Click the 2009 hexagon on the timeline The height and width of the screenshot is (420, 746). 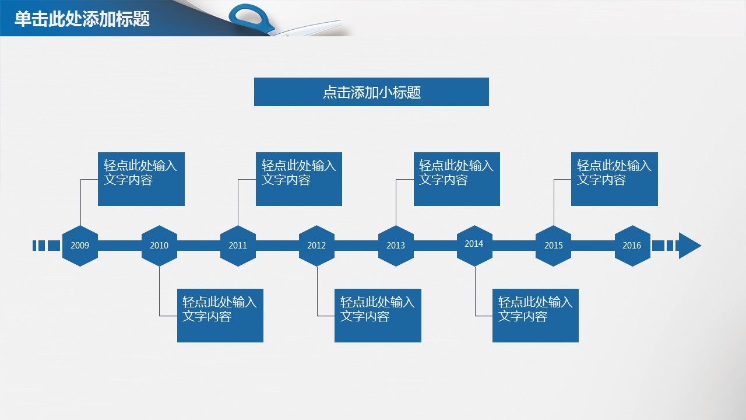[x=80, y=246]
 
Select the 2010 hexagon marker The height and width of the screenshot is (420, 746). [x=159, y=246]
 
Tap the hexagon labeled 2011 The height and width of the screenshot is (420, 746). [x=238, y=246]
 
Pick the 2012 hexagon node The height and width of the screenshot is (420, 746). [x=316, y=246]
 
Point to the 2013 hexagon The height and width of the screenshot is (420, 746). [x=396, y=246]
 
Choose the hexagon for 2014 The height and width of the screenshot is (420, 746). [x=474, y=245]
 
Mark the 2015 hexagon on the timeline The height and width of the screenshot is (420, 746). [x=553, y=246]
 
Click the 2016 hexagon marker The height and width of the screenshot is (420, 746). [x=632, y=246]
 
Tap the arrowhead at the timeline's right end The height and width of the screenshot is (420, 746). [x=689, y=246]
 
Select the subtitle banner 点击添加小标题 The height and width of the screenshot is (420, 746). [x=371, y=92]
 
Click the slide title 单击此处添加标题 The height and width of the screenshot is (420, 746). [x=82, y=19]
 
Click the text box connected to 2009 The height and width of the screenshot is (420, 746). [x=141, y=179]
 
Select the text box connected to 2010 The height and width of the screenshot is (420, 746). [x=220, y=316]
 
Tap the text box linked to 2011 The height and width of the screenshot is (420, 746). [x=299, y=179]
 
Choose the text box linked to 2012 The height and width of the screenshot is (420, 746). [x=378, y=316]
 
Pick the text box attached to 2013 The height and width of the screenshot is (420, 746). [x=457, y=179]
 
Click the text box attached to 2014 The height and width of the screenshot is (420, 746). [x=536, y=316]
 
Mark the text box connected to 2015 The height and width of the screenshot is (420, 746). [x=614, y=179]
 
